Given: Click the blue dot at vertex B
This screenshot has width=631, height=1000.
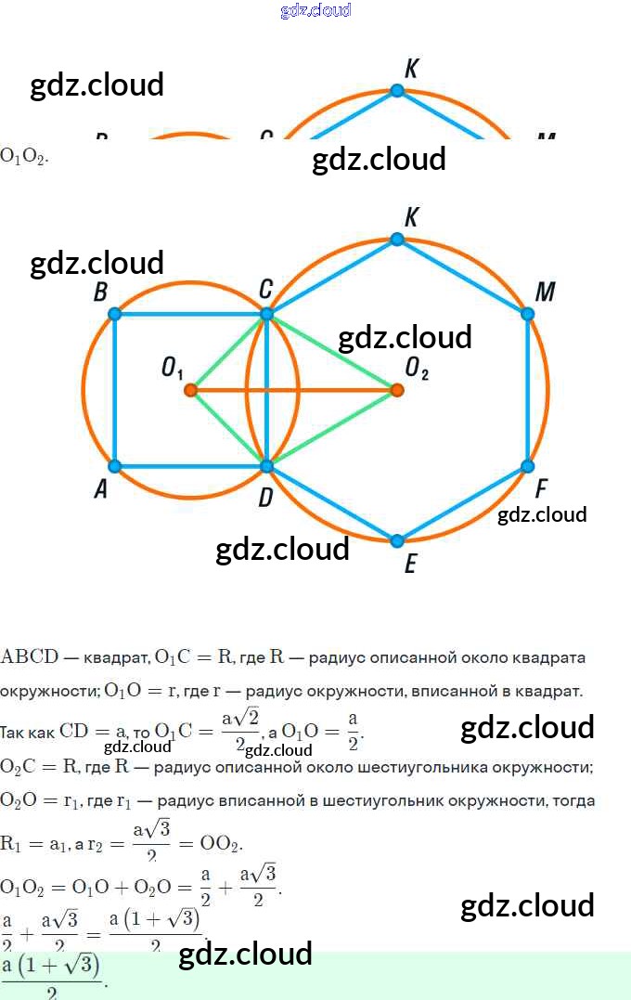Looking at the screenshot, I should click(115, 314).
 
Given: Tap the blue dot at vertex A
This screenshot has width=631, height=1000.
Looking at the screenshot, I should click(115, 466).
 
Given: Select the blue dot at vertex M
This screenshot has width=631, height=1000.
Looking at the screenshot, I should click(528, 314).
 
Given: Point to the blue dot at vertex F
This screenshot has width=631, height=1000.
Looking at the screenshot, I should click(528, 466).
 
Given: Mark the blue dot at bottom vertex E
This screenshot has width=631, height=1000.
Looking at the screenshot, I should click(397, 540).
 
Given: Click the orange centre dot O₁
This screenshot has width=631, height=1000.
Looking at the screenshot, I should click(190, 390).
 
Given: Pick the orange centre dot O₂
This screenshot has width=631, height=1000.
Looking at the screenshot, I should click(397, 390).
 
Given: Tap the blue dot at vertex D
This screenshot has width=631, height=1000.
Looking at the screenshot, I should click(266, 466).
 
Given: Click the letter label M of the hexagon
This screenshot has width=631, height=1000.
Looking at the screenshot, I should click(546, 292).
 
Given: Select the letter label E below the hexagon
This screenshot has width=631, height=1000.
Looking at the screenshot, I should click(410, 564).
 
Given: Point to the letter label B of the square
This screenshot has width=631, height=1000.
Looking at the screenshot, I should click(100, 292).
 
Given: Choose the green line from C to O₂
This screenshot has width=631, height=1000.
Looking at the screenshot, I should click(334, 354).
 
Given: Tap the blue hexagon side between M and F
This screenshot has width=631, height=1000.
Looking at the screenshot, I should click(528, 390).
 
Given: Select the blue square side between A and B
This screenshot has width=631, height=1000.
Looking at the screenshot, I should click(115, 390).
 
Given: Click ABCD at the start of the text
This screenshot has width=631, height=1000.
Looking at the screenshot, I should click(30, 657).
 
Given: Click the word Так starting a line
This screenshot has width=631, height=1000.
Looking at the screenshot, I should click(15, 731).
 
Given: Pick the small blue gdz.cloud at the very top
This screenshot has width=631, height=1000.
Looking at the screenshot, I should click(315, 10).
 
